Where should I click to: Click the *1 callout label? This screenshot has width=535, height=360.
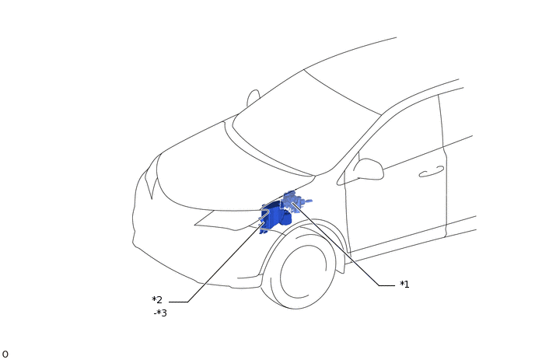pyautogui.click(x=404, y=285)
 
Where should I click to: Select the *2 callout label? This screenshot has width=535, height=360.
pyautogui.click(x=157, y=300)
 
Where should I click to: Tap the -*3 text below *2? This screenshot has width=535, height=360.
pyautogui.click(x=160, y=313)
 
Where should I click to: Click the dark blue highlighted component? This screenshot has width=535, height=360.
pyautogui.click(x=274, y=217)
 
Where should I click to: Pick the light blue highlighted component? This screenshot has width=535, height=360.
pyautogui.click(x=293, y=201)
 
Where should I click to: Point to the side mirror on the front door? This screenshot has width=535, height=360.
pyautogui.click(x=369, y=169)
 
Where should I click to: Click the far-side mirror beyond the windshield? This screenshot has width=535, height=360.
pyautogui.click(x=253, y=98)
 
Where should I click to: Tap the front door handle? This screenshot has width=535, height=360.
pyautogui.click(x=432, y=172)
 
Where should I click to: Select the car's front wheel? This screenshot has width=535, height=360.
pyautogui.click(x=298, y=267)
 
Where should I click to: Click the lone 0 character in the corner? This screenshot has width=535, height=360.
pyautogui.click(x=5, y=355)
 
